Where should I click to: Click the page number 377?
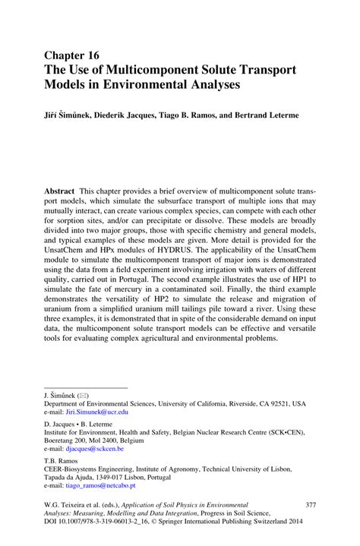pos(309,504)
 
